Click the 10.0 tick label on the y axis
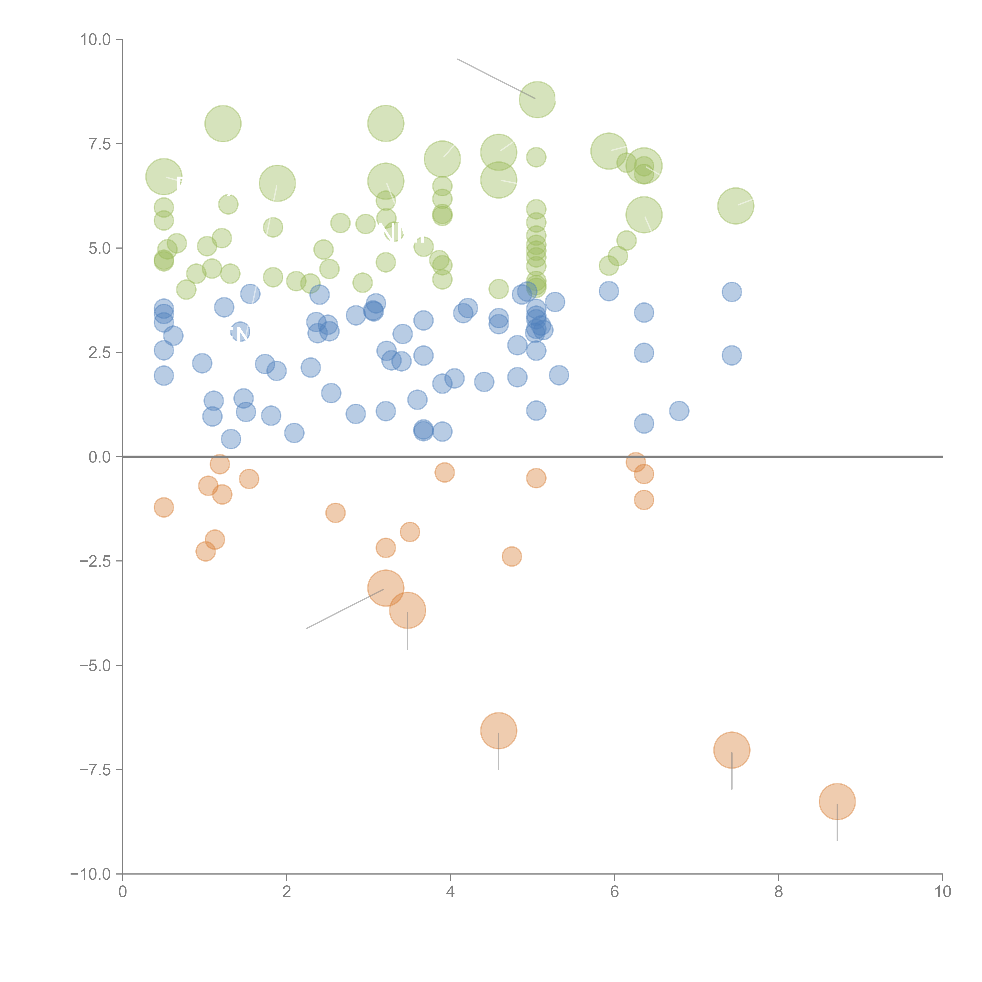96,40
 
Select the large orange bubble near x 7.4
731,750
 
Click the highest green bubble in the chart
537,99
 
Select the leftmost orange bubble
164,507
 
